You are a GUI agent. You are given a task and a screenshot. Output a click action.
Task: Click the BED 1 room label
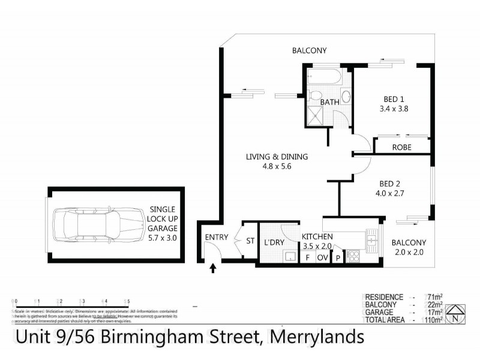pyautogui.click(x=394, y=100)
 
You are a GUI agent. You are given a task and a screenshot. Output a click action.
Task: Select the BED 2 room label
pyautogui.click(x=390, y=184)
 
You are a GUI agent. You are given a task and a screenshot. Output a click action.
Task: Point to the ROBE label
pyautogui.click(x=401, y=146)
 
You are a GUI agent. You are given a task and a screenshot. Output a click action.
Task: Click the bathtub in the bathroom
pyautogui.click(x=325, y=78)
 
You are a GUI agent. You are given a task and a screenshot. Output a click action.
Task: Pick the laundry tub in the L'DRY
pyautogui.click(x=289, y=257)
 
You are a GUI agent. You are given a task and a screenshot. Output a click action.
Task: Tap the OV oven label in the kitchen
pyautogui.click(x=322, y=257)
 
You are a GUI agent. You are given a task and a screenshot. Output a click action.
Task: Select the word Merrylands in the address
pyautogui.click(x=317, y=337)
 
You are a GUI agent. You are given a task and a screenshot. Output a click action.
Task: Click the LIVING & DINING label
pyautogui.click(x=276, y=157)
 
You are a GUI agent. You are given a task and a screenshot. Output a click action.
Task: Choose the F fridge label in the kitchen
pyautogui.click(x=308, y=257)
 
